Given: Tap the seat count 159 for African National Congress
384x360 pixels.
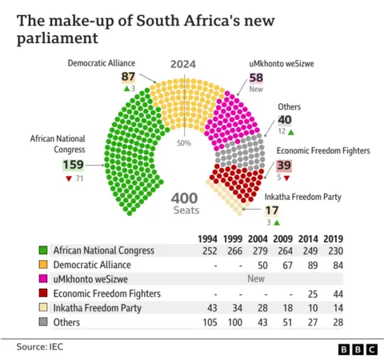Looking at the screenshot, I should [73, 166].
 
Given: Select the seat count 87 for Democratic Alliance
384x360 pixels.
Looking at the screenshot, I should [128, 77].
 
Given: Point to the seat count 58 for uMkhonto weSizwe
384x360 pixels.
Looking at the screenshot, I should [256, 78].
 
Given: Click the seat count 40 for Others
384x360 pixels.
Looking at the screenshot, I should [285, 120].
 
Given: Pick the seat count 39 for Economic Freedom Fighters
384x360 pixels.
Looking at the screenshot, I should [284, 165].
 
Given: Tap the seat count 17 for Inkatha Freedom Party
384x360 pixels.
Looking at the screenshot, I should [272, 210].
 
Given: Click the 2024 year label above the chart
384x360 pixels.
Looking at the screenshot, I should [182, 65].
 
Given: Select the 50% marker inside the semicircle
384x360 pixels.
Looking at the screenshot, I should [183, 142].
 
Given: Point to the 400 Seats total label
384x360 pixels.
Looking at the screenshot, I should [184, 203].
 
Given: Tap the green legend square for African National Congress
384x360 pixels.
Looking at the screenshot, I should [42, 250].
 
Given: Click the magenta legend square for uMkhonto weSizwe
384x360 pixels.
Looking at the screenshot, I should [42, 279].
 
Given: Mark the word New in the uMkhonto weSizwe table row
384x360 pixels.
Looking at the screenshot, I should [257, 279].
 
